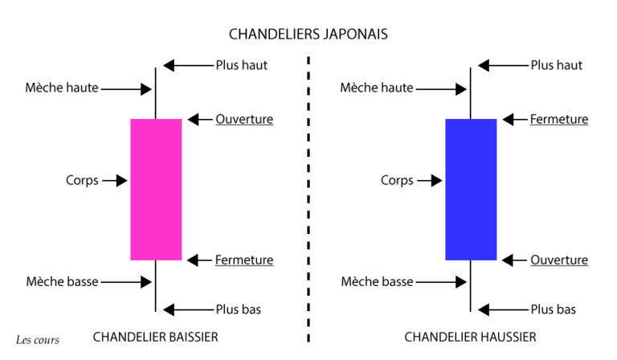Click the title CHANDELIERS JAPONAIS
point(308,35)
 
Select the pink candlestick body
point(156,190)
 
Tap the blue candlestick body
point(471,190)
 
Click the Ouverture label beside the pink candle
point(244,119)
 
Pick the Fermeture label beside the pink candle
point(244,260)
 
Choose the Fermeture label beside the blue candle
point(559,119)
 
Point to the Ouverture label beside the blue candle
point(559,260)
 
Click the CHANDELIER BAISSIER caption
point(155,337)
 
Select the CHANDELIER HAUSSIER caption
point(470,337)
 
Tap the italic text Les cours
point(38,340)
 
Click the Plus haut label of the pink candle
point(242,65)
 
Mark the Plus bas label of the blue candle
point(553,309)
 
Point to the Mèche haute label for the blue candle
point(377,88)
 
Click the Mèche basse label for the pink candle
point(62,282)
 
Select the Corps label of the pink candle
point(82,181)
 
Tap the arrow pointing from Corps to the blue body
point(430,181)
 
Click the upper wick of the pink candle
point(155,93)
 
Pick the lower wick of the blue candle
point(470,286)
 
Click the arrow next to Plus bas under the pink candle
point(188,310)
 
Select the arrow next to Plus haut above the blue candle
point(503,65)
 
